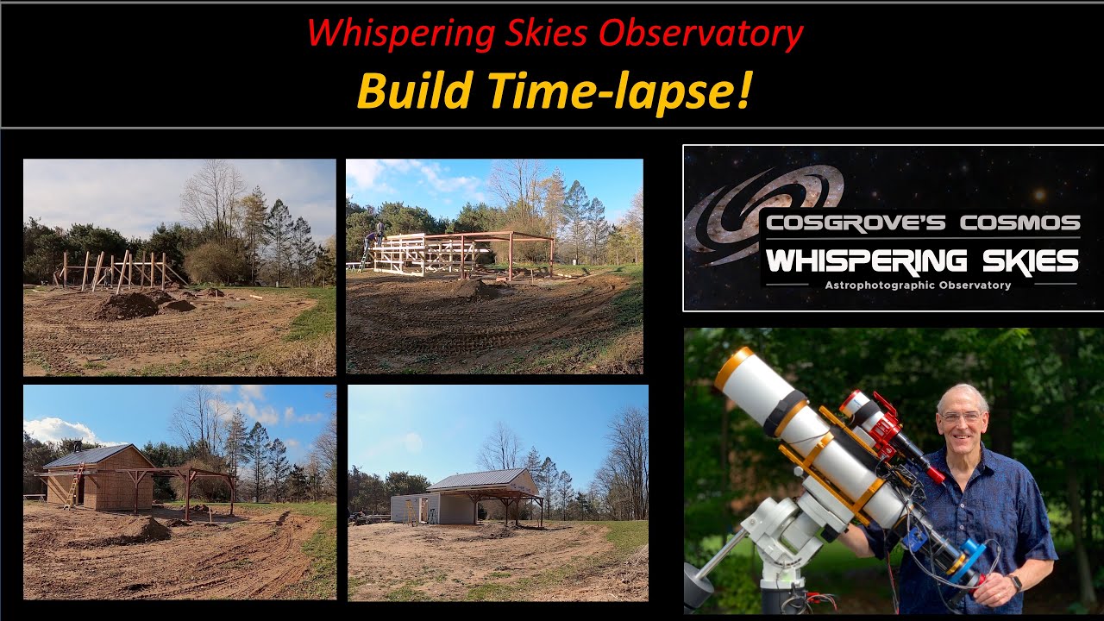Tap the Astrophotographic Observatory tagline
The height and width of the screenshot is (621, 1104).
918,285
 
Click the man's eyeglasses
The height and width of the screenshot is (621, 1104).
961,417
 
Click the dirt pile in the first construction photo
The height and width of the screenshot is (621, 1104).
127,306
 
